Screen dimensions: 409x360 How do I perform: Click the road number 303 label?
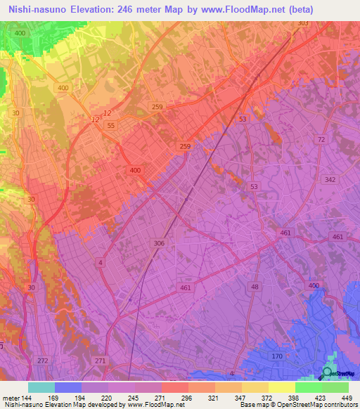click(303, 23)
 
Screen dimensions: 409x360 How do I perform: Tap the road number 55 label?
click(112, 125)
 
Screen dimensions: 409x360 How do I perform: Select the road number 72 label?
click(321, 140)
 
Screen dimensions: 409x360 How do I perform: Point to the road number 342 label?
click(330, 181)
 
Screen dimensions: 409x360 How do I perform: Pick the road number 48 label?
click(255, 287)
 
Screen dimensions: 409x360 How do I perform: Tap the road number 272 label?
click(42, 361)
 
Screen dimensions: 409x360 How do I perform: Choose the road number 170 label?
click(277, 356)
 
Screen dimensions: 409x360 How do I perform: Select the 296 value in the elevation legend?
click(187, 397)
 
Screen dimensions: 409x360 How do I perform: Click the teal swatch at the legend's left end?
click(41, 387)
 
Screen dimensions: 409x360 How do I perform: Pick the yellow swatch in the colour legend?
click(281, 387)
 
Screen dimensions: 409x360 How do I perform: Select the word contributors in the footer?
click(337, 405)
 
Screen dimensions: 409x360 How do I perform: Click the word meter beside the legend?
click(10, 397)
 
